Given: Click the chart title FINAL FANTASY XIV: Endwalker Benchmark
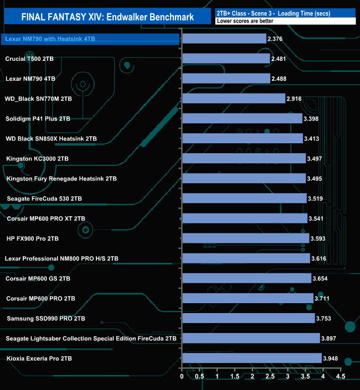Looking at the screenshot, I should [x=107, y=17].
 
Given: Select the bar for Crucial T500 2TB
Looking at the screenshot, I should [x=226, y=59].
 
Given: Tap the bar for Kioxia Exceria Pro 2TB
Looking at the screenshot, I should [x=251, y=358].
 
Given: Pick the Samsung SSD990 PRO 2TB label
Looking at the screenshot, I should [x=46, y=319].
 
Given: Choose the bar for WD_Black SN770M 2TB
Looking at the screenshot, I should [x=233, y=98].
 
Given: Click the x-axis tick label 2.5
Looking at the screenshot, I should [x=270, y=377].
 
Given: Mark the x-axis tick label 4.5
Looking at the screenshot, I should [x=340, y=377].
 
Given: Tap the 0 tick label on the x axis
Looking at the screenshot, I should [x=182, y=377].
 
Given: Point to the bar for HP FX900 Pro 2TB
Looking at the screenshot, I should [x=245, y=238].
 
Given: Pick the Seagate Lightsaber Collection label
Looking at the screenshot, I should [x=91, y=339].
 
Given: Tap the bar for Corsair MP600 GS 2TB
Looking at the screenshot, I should [x=246, y=278].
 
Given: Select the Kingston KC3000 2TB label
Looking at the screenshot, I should [x=37, y=159].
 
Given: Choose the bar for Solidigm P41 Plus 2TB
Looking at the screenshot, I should [x=242, y=118].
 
